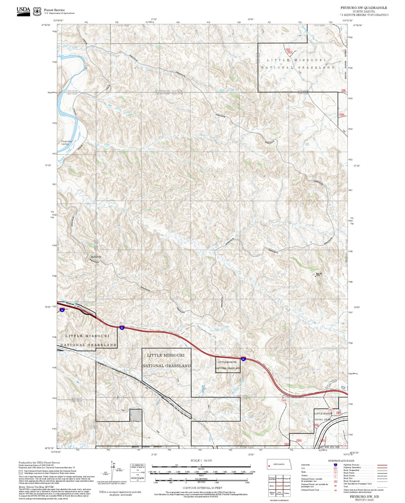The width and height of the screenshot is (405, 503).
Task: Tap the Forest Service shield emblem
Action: (37, 11)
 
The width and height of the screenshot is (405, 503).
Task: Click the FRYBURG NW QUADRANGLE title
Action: (364, 8)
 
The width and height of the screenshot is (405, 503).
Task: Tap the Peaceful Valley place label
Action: (67, 143)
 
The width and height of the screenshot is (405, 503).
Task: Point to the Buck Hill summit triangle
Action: (316, 276)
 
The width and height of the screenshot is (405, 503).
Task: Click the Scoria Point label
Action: (96, 257)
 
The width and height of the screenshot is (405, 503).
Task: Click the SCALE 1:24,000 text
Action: (201, 461)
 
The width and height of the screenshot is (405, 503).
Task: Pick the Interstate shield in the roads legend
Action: (335, 465)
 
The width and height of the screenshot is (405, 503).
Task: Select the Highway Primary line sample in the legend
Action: (382, 465)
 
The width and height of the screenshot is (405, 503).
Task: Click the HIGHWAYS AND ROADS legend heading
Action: (341, 461)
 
